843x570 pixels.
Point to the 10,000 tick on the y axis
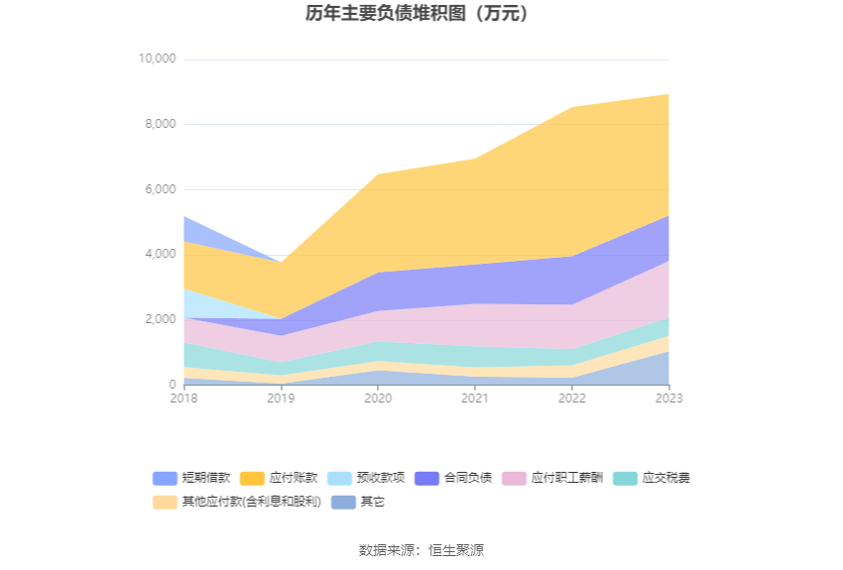tap(157, 59)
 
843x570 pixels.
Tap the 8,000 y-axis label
tap(160, 124)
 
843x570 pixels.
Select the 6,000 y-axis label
tap(160, 189)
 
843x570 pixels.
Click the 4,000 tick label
tap(160, 254)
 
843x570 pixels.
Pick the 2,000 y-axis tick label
tap(160, 319)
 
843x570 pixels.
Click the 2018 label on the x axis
tap(183, 399)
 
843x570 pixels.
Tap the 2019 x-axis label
tap(281, 399)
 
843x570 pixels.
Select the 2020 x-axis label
tap(378, 399)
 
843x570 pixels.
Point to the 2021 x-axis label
tap(475, 399)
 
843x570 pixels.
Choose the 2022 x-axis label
tap(572, 399)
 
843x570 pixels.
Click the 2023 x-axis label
tap(668, 399)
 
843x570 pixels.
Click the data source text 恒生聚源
tap(456, 550)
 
